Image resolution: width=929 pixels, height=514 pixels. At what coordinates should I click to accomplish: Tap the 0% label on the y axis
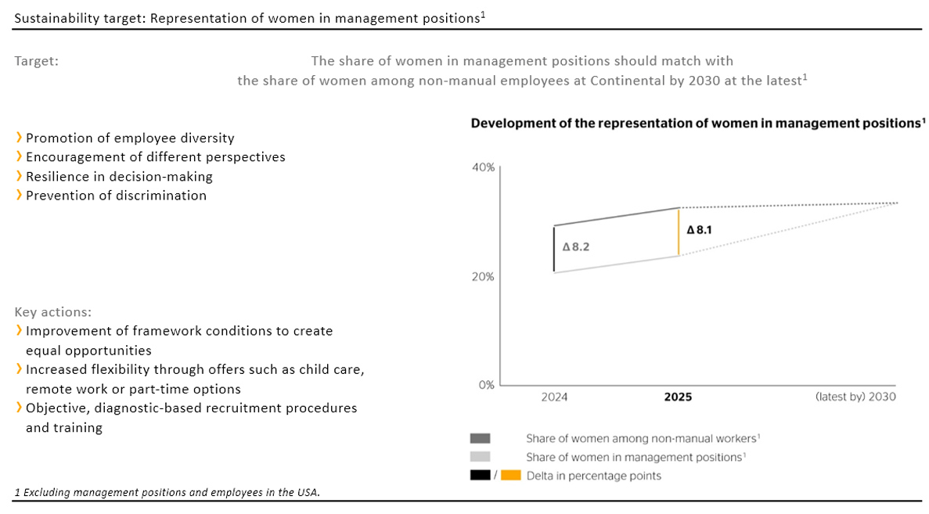(486, 386)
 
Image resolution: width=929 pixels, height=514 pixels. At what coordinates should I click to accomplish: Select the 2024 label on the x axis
(554, 397)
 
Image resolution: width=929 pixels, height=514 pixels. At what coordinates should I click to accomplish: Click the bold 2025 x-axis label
(678, 397)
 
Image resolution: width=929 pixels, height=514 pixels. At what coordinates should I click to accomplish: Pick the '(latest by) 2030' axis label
(855, 397)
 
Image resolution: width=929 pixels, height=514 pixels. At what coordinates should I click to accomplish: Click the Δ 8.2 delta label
(575, 246)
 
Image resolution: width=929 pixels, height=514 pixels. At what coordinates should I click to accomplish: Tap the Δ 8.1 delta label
(700, 231)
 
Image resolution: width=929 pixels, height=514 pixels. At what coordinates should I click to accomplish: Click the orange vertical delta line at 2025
(679, 232)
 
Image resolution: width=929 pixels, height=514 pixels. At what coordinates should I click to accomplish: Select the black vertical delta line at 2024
(554, 249)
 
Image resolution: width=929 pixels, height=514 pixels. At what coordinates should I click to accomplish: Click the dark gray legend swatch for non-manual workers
(481, 439)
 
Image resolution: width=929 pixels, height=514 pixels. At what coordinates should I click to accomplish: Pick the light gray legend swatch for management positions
(481, 457)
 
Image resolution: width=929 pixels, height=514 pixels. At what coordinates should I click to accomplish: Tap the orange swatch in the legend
(510, 476)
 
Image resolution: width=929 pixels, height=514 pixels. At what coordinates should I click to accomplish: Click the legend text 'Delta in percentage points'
(593, 476)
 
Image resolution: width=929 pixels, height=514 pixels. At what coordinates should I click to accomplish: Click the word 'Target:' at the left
(36, 61)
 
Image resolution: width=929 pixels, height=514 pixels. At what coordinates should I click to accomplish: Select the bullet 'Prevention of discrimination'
(116, 196)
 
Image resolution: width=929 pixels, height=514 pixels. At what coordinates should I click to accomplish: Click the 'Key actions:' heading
(52, 311)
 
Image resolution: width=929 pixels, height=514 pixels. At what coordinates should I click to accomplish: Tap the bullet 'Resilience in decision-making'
(119, 176)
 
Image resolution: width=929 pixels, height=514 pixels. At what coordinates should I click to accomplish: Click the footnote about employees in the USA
(167, 492)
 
